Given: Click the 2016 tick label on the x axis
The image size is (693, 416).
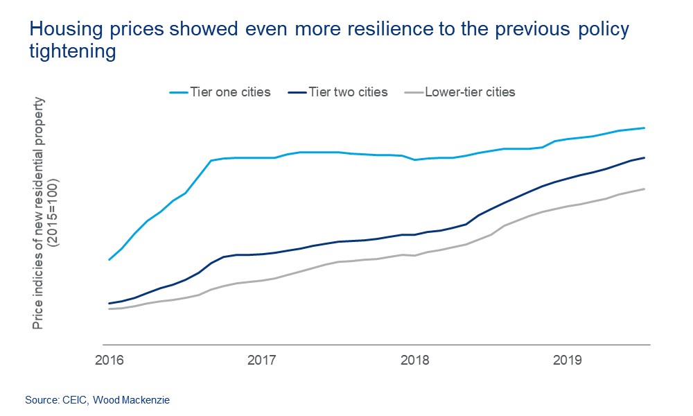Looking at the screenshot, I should (109, 361).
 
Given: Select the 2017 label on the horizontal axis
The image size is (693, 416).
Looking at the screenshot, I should (261, 361).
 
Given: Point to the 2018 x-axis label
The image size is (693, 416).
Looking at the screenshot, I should (414, 361).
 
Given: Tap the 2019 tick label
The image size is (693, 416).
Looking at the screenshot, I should (567, 361).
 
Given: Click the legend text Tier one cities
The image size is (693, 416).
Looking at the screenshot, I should (230, 92).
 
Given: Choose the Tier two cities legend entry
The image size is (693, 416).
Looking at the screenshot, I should (348, 92).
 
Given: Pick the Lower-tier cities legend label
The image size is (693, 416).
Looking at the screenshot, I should (470, 92).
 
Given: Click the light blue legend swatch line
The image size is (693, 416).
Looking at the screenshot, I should (179, 92).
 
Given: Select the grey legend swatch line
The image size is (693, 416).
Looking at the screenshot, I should (413, 92).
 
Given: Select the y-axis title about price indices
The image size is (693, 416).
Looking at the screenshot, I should (40, 211).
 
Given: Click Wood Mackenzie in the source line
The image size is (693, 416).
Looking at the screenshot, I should (131, 400).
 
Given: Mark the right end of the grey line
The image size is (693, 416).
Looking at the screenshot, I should (645, 189).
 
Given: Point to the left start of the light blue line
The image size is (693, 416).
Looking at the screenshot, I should (109, 260).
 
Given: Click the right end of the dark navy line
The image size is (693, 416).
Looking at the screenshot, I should (645, 157).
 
